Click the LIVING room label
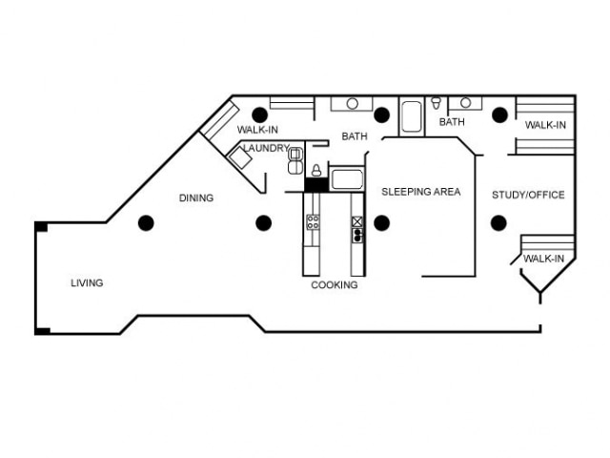[x=87, y=283]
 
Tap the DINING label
[x=196, y=198]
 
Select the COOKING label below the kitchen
[x=335, y=285]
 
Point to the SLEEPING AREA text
[x=420, y=192]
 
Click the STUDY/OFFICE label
[x=527, y=196]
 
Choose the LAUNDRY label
[x=265, y=148]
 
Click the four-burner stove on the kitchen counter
[x=312, y=223]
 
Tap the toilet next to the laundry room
[x=315, y=171]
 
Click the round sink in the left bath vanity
[x=352, y=104]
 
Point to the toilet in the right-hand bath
[x=437, y=103]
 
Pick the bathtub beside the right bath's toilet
[x=412, y=116]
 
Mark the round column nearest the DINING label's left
[x=146, y=223]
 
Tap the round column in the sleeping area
[x=381, y=223]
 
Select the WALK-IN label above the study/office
[x=545, y=125]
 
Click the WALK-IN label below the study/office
[x=543, y=259]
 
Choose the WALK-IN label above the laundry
[x=257, y=129]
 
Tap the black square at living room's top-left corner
[x=41, y=226]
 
